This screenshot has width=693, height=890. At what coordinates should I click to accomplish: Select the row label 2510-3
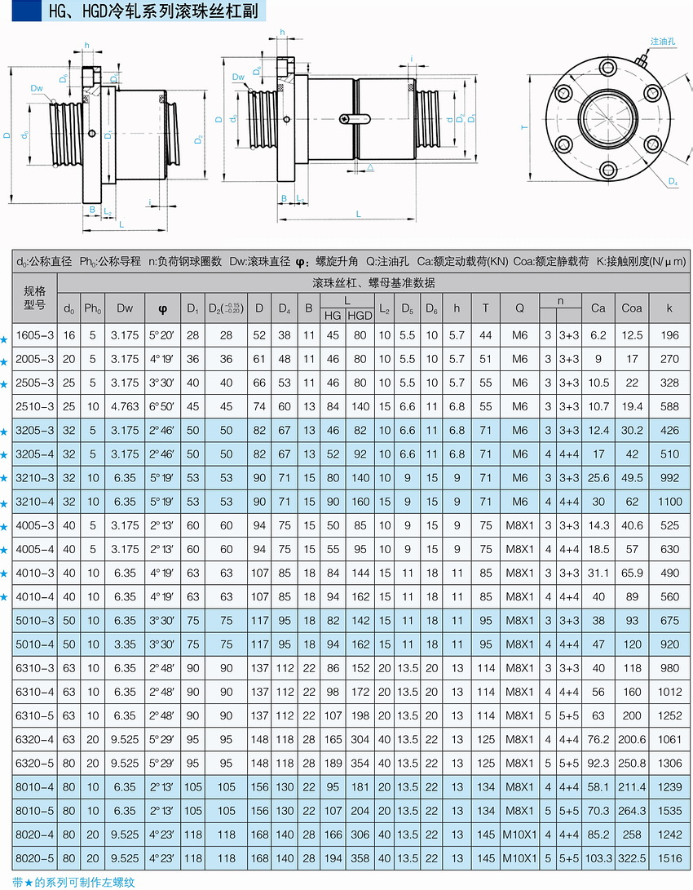click(x=35, y=406)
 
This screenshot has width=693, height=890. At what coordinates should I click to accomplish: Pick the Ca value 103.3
click(x=598, y=859)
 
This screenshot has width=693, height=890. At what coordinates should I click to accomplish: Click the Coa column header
click(x=631, y=308)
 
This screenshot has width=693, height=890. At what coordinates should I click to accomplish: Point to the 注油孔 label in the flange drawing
click(x=663, y=40)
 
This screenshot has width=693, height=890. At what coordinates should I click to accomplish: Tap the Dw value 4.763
click(x=125, y=406)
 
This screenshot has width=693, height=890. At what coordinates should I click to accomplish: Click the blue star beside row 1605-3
click(x=5, y=336)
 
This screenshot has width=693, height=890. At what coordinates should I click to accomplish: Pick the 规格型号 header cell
click(x=35, y=297)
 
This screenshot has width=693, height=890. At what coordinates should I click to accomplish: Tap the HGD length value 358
click(x=360, y=859)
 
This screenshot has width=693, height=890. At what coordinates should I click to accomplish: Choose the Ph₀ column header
click(x=93, y=308)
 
